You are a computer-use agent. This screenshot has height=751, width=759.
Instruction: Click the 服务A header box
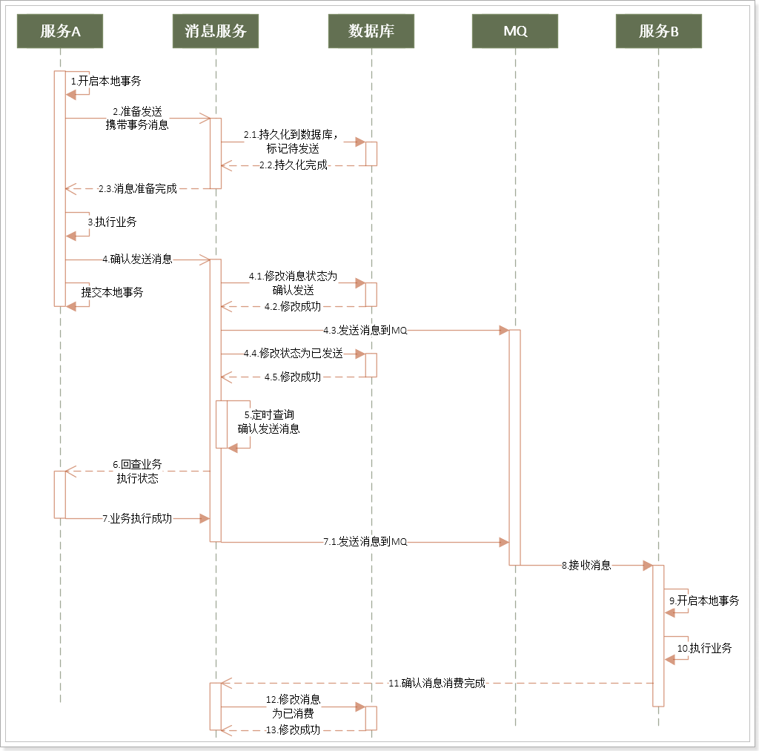point(60,31)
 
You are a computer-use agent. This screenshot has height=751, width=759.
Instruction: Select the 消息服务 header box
point(216,31)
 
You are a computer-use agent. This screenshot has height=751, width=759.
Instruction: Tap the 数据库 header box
point(371,31)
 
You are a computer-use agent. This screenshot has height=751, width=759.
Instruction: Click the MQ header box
point(514,31)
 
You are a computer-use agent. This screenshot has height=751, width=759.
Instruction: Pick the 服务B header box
point(658,31)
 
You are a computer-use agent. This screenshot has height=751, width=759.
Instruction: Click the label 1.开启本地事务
point(105,81)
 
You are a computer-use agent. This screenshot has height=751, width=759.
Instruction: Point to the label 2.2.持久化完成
point(293,165)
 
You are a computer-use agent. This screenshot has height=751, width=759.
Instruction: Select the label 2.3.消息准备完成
point(138,189)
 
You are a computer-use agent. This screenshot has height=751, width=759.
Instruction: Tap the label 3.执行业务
point(112,222)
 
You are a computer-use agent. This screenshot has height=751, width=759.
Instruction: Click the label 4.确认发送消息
point(137,259)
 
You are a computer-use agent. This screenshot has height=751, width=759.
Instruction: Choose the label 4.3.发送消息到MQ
point(365,330)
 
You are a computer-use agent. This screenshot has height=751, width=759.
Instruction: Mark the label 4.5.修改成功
point(293,377)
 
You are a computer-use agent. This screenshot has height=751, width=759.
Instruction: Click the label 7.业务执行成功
point(137,518)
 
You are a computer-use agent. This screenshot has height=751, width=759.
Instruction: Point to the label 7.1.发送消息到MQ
point(365,542)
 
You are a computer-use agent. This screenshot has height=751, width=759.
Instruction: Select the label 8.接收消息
point(586,566)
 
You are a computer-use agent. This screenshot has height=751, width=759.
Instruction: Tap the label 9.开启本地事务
point(704,601)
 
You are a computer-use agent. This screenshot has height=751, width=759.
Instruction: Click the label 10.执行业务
point(704,648)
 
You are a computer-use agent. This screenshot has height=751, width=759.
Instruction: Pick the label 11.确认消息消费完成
point(437,684)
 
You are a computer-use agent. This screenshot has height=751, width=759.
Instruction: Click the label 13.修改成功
point(293,730)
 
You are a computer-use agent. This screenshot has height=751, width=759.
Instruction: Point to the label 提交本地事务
point(112,292)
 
